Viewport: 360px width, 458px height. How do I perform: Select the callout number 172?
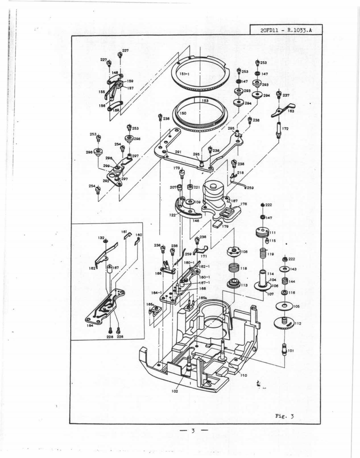[x=285, y=129]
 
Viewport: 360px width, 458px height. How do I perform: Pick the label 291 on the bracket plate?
[x=178, y=152]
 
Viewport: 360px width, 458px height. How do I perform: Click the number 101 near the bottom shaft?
[x=291, y=350]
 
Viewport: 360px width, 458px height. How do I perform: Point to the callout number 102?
[x=174, y=391]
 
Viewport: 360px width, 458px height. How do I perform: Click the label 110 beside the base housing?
[x=244, y=375]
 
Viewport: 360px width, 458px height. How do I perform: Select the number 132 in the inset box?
[x=101, y=237]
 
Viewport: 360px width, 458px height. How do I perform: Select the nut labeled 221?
[x=190, y=187]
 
